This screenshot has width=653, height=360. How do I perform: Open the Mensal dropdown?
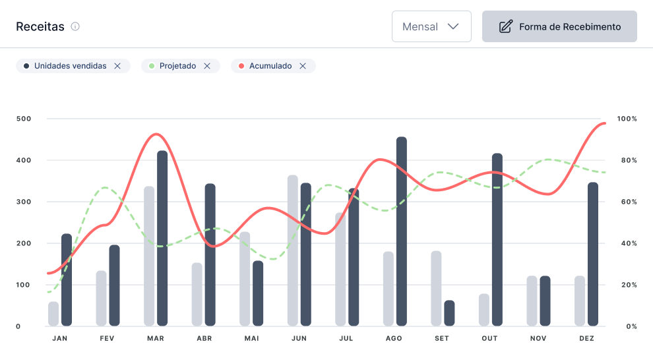pyautogui.click(x=431, y=26)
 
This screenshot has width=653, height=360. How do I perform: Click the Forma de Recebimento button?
pyautogui.click(x=559, y=26)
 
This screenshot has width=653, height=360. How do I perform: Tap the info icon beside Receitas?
pyautogui.click(x=75, y=26)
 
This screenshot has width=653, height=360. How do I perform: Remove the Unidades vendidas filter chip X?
pyautogui.click(x=117, y=66)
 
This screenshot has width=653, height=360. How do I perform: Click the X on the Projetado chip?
pyautogui.click(x=207, y=66)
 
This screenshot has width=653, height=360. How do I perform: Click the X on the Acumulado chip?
pyautogui.click(x=303, y=66)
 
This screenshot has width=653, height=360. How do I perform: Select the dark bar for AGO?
pyautogui.click(x=402, y=231)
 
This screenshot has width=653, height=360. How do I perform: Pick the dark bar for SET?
pyautogui.click(x=449, y=313)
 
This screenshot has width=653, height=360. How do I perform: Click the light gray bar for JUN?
pyautogui.click(x=293, y=251)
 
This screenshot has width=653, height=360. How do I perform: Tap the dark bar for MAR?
pyautogui.click(x=162, y=237)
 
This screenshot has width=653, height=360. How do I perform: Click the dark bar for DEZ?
pyautogui.click(x=593, y=254)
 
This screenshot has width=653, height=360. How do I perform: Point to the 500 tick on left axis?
pyautogui.click(x=24, y=119)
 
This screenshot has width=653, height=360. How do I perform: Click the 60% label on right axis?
pyautogui.click(x=627, y=202)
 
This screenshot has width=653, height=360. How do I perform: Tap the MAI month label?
pyautogui.click(x=251, y=338)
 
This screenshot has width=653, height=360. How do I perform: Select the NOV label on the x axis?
pyautogui.click(x=538, y=338)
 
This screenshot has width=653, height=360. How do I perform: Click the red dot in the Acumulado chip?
pyautogui.click(x=241, y=66)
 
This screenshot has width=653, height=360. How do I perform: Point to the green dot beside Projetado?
pyautogui.click(x=151, y=66)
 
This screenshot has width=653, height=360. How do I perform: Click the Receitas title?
pyautogui.click(x=40, y=26)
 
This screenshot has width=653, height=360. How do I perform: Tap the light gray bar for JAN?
pyautogui.click(x=53, y=314)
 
